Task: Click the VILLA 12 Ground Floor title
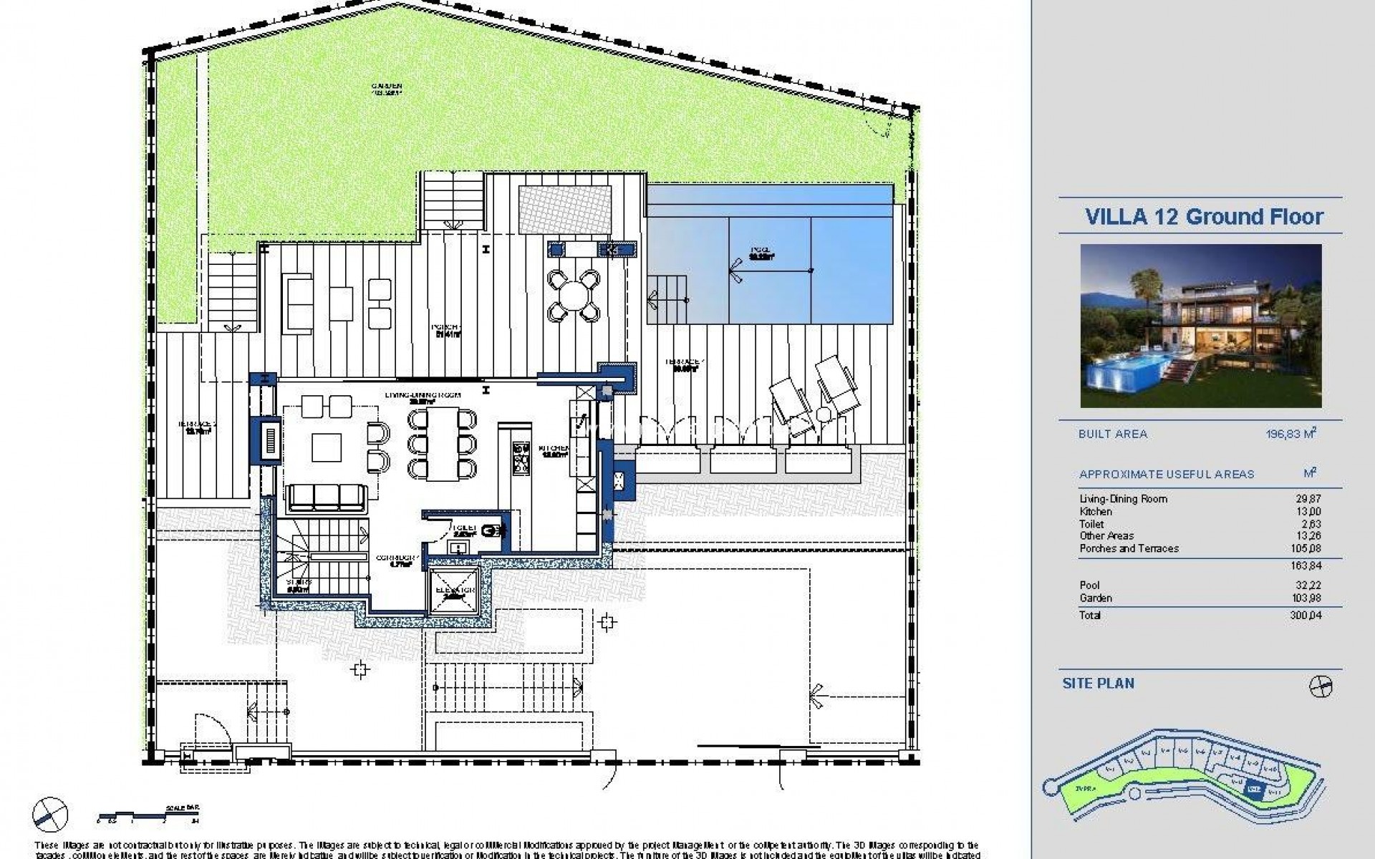[1204, 217]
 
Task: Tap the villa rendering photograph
[1201, 326]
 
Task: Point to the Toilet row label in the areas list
[1091, 524]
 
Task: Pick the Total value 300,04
[1306, 616]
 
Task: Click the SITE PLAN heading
[1099, 684]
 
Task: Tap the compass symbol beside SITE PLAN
[1321, 687]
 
